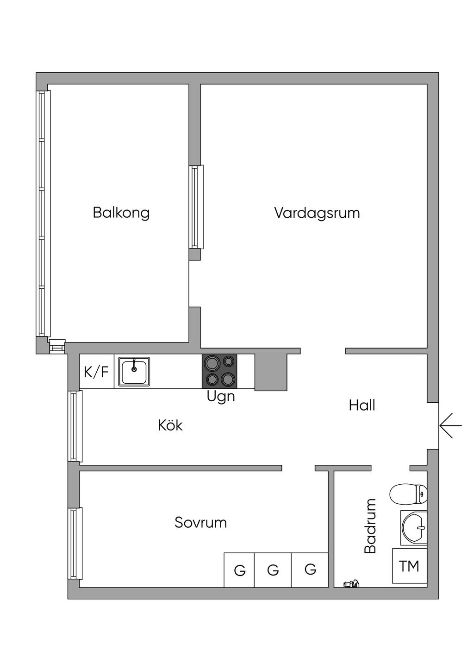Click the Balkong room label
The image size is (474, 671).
pos(121,213)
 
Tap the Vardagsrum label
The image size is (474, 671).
pos(317,213)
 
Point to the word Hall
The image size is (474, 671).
pos(362,405)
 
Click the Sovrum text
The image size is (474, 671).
pos(200,523)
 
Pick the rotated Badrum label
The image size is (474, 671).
pos(370,525)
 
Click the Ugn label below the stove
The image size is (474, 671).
pos(221,397)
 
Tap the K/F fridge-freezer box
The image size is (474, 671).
pos(97,372)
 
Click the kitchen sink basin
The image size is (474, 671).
pos(134,372)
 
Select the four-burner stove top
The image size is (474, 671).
pos(220,372)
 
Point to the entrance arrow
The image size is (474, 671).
pos(451,425)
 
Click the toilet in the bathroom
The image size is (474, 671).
pos(409,494)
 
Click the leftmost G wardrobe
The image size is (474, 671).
pos(239,570)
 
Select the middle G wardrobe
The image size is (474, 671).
pos(273,570)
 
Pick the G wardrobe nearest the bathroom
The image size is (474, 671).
pos(310,570)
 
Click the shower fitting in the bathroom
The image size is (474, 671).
pos(351,583)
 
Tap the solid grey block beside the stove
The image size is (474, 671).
pos(271,373)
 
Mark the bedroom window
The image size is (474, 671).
pos(75,543)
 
